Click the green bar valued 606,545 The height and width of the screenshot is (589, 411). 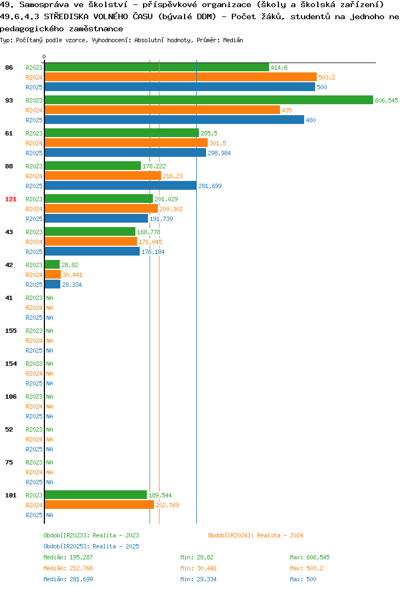coord(209,100)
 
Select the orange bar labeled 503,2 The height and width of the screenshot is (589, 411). coord(181,77)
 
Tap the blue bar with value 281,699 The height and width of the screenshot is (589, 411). coord(121,185)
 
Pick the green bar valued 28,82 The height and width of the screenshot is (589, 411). coord(52,264)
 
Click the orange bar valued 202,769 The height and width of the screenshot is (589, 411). coord(100,505)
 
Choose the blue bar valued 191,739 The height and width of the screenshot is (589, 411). coord(96,218)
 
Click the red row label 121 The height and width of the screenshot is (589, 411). coord(11,199)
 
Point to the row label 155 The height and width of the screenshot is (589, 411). coord(11,331)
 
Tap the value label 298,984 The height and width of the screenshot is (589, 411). coord(219,153)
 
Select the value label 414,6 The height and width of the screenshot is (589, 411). coord(279,67)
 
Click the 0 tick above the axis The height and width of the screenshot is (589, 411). coord(44,56)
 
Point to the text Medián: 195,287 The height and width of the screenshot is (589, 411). coord(68,557)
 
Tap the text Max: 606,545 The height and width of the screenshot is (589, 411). coord(310,557)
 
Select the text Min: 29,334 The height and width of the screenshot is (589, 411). coord(198,579)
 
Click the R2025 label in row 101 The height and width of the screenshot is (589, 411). coord(34,515)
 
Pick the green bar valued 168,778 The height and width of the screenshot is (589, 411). coord(90,231)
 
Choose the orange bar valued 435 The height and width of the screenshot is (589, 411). coord(163,110)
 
